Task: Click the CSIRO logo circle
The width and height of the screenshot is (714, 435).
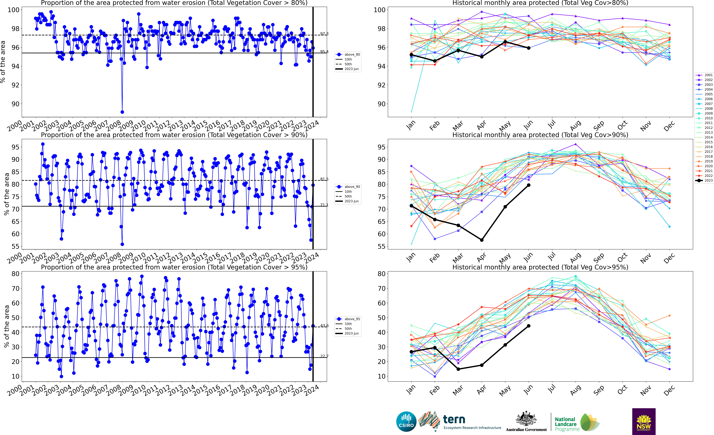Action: (x=406, y=421)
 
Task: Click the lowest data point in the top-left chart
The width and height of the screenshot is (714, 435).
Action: (x=122, y=112)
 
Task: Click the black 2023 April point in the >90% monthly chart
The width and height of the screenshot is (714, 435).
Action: (x=482, y=240)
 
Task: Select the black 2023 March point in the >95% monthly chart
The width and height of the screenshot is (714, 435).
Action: (x=458, y=369)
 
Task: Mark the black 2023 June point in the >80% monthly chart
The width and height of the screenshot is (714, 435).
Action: (x=529, y=48)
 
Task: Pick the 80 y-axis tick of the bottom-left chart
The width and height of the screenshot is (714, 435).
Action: (x=15, y=274)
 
